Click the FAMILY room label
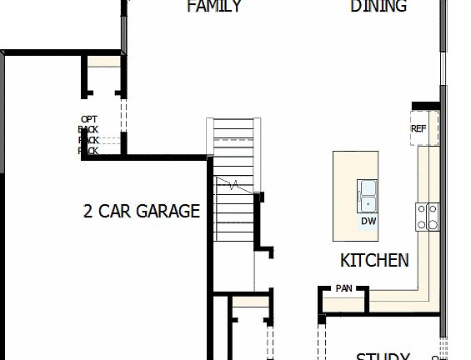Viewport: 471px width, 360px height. click(214, 7)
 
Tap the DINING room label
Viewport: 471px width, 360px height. click(378, 7)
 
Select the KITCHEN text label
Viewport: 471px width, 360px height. click(374, 260)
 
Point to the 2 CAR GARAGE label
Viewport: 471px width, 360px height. click(142, 211)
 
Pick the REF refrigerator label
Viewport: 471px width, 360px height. click(418, 129)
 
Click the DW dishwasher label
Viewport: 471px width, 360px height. click(368, 222)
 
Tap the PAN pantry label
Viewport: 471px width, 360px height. click(343, 288)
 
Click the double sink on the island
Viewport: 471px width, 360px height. click(368, 194)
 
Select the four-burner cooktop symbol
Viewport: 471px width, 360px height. click(428, 216)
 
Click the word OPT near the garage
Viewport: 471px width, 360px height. click(89, 119)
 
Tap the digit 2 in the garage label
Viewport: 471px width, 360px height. click(88, 211)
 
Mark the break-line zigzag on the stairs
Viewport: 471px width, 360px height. click(234, 183)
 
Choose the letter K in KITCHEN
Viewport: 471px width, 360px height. click(345, 260)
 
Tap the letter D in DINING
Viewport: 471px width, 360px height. click(355, 7)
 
